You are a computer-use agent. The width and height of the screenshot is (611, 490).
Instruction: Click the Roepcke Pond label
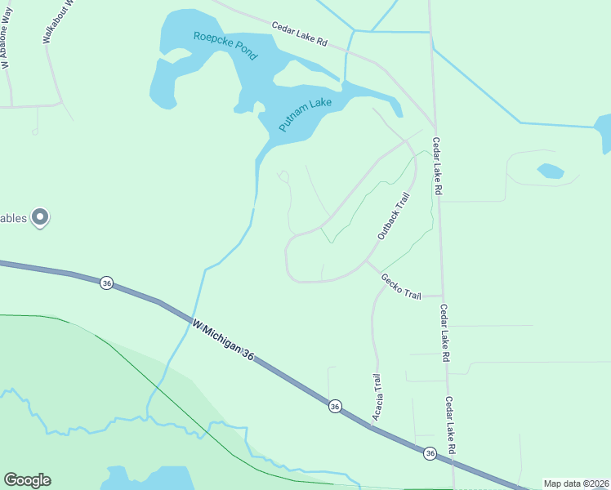tap(225, 45)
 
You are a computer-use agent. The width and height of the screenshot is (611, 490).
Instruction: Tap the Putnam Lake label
tap(305, 114)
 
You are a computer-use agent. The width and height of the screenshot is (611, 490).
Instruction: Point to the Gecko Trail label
tap(400, 286)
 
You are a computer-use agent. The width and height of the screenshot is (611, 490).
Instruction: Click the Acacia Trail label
tap(377, 398)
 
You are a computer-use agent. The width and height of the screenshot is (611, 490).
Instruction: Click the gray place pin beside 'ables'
tap(40, 217)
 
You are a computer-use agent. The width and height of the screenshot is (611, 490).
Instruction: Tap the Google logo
tap(27, 480)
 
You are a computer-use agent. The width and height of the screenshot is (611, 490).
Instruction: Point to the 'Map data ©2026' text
tap(577, 483)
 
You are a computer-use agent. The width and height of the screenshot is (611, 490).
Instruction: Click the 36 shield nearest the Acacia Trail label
tap(335, 406)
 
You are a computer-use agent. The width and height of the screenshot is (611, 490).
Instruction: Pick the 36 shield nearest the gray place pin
tap(106, 283)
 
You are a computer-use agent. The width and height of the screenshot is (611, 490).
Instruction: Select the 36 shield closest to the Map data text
tap(430, 452)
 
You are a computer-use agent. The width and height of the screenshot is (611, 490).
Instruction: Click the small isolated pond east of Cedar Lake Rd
tap(551, 171)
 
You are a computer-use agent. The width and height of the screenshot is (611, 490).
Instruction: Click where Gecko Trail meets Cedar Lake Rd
tap(443, 296)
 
